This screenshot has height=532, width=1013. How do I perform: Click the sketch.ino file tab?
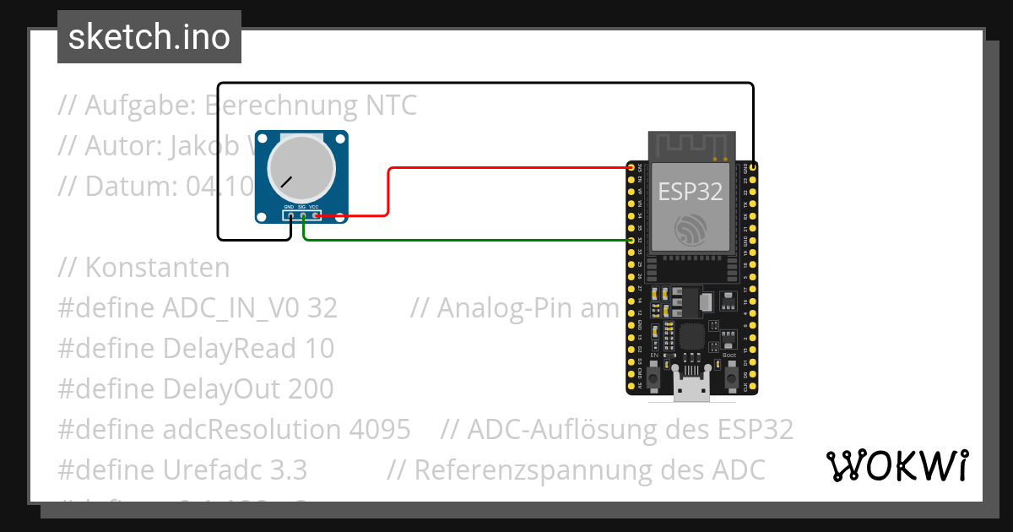149,37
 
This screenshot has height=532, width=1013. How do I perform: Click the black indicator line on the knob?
288,181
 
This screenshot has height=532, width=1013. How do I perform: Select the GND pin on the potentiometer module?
290,216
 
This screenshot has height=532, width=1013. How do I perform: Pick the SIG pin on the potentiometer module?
303,216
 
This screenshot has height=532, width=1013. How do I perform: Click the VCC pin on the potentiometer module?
316,216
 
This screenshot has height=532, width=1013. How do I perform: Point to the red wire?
506,168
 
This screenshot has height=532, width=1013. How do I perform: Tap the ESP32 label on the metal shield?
690,191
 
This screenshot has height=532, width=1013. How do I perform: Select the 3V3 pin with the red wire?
631,168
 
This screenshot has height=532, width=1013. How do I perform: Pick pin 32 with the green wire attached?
631,240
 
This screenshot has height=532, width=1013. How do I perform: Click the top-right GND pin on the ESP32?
752,168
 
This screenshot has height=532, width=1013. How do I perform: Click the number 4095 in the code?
380,429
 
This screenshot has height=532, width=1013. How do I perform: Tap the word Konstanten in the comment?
157,268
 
